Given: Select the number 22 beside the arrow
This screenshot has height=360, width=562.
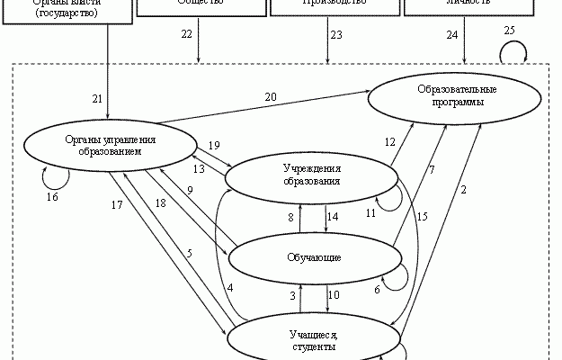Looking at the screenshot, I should coord(186,34).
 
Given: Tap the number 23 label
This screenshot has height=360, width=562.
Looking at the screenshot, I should coord(336,34).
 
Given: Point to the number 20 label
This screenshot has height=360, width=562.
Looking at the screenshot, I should coord(270,96).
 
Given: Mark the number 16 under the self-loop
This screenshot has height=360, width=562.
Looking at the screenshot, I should coord(51,195).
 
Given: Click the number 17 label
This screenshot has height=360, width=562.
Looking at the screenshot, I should coord(116,205).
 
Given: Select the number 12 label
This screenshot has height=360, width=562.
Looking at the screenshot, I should coord(390,142).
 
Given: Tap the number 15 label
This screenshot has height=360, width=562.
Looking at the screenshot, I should coord(423,215).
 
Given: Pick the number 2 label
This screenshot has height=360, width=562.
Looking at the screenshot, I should coord(464,189).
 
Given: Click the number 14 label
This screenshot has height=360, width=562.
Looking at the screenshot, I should coord(333,217).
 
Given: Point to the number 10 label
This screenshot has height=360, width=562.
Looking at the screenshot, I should coord(333,294).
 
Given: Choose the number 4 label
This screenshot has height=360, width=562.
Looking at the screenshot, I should coord(230,287).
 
